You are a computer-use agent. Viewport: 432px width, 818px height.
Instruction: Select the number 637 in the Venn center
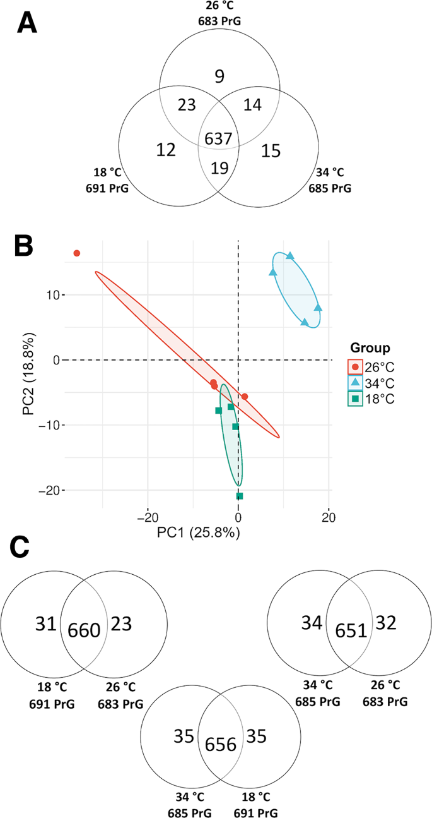click(218, 139)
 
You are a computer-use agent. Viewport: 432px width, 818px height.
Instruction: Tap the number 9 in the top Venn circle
click(219, 78)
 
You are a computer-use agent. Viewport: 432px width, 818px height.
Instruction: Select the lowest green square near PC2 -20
click(240, 496)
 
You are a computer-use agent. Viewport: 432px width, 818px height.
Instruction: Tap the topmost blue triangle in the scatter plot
click(290, 256)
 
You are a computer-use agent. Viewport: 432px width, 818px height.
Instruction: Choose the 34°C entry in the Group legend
click(373, 382)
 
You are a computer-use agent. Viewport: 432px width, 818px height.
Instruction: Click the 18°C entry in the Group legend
click(373, 398)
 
